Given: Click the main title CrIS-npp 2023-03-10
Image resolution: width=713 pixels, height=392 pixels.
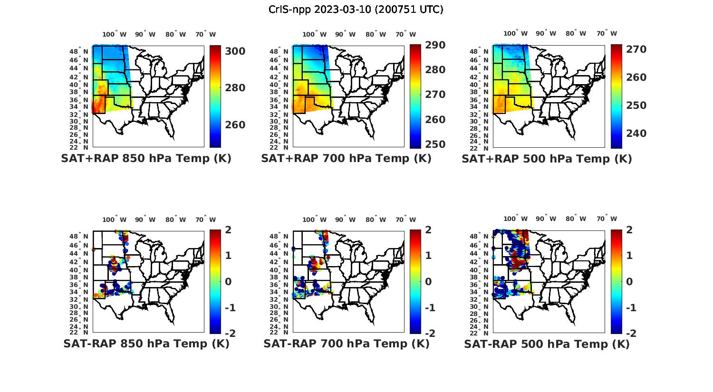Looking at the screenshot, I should click(x=356, y=10).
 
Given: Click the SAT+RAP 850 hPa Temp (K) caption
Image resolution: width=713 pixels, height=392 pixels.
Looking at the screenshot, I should click(x=146, y=159).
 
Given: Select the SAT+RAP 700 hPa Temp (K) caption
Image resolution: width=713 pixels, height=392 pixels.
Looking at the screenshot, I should click(x=346, y=159).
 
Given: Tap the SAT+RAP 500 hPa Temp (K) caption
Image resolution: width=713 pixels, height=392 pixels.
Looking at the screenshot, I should click(x=547, y=159).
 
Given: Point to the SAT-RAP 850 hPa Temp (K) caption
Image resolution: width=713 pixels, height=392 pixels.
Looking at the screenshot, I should click(x=146, y=344).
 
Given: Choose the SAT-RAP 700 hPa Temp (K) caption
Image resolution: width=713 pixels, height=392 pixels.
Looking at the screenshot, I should click(x=346, y=344).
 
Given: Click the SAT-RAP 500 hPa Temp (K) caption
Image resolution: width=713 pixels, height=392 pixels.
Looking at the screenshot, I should click(x=547, y=344).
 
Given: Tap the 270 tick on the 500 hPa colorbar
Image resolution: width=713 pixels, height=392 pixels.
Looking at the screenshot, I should click(x=636, y=49).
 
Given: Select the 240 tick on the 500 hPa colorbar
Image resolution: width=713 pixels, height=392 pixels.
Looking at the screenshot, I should click(x=636, y=134).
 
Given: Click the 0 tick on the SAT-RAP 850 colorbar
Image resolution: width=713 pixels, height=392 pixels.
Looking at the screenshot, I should click(x=221, y=281).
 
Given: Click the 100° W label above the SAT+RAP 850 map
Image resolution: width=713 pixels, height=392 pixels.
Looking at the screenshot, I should click(x=115, y=34).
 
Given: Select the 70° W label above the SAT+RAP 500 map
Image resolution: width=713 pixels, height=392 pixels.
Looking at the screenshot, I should click(x=607, y=34).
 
